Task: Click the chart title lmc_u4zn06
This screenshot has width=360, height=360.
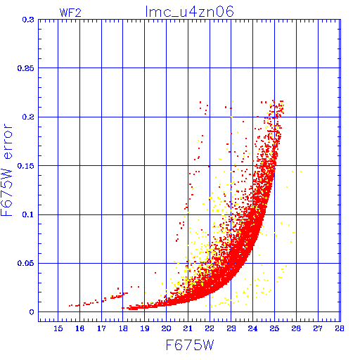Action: tap(189, 12)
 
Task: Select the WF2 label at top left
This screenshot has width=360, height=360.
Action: tap(70, 13)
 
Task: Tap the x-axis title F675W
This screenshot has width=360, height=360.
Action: tap(190, 345)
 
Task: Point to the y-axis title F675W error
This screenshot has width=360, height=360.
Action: tap(6, 170)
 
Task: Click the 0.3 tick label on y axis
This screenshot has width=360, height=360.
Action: tap(28, 20)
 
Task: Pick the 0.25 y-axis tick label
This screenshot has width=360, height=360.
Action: tap(25, 68)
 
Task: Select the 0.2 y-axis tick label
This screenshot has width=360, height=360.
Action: tap(28, 117)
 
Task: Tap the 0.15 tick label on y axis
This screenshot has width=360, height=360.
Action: tap(25, 166)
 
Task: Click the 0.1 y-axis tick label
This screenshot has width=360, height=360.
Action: tap(28, 214)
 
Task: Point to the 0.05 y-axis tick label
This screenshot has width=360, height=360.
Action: tap(25, 263)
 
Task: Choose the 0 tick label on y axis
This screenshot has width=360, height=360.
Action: tap(32, 312)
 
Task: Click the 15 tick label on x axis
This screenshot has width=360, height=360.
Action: tap(58, 328)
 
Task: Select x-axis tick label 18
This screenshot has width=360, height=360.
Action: tap(123, 328)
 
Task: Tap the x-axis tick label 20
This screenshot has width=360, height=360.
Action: tap(166, 328)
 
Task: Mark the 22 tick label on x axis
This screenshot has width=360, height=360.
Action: tap(210, 328)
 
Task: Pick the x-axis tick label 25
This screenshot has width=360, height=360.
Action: tap(274, 328)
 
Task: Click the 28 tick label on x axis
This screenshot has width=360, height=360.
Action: tap(339, 328)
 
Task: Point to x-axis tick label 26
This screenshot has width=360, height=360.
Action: tap(296, 328)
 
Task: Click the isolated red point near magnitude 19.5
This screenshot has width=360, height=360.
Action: tap(155, 273)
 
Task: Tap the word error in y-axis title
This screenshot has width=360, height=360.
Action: tap(8, 141)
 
